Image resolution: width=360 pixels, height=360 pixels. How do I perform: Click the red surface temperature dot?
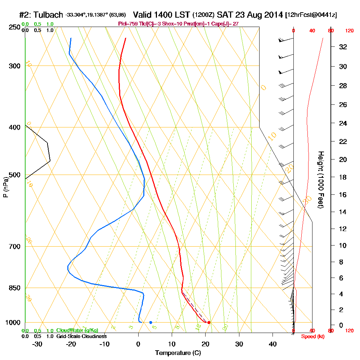coord(209,322)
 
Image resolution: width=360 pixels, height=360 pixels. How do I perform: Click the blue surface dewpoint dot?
coord(150,322)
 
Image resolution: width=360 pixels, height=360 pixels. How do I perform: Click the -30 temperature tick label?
coord(37,344)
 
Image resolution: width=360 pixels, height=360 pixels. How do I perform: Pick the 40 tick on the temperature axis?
coord(273,344)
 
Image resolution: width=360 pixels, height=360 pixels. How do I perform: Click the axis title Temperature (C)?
coord(178,353)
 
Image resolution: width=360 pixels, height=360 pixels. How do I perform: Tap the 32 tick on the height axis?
coord(343,47)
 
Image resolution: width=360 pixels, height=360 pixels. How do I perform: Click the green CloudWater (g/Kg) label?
coord(77,330)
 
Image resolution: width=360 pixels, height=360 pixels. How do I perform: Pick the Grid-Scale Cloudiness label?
coord(81,336)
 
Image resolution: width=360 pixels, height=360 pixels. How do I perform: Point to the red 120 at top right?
coord(349,31)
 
